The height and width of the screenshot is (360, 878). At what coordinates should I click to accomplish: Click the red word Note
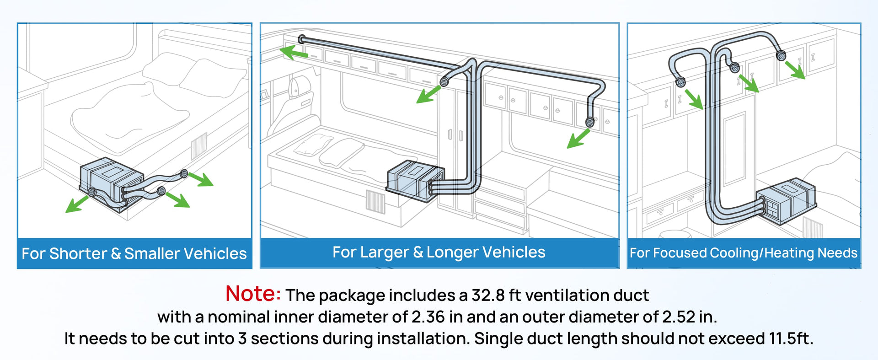[253, 294]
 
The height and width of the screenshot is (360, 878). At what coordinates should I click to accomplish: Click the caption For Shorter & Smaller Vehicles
[134, 253]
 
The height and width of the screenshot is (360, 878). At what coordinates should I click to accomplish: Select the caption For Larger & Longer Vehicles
[439, 252]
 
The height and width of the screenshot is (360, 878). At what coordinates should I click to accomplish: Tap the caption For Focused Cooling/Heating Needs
[744, 253]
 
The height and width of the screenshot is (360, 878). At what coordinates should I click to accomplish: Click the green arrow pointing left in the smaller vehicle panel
[76, 204]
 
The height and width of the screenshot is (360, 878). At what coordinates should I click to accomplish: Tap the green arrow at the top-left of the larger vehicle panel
[294, 52]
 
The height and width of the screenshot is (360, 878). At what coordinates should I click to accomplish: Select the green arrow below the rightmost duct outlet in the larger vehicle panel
[578, 139]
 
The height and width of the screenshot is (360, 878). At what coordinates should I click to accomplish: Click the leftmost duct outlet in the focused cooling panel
[680, 82]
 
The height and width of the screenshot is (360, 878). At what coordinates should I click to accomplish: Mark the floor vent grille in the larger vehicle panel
[375, 202]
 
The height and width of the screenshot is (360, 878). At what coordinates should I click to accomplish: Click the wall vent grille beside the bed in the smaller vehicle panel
[199, 146]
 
